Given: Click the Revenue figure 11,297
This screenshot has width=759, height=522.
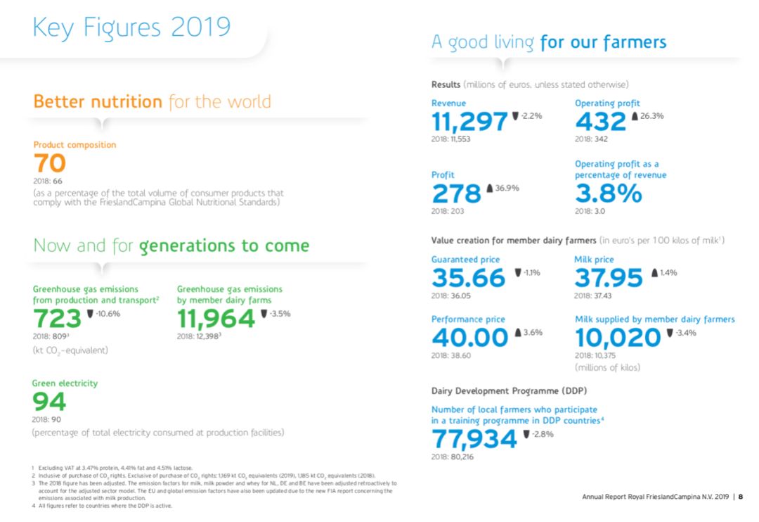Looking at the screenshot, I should tap(469, 122).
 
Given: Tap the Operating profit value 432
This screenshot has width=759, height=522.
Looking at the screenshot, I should tap(600, 122).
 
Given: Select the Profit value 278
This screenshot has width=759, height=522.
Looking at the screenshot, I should tap(456, 193).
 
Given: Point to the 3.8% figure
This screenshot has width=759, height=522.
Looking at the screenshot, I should tap(608, 193).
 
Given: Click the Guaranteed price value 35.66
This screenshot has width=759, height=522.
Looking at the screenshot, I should tap(468, 278).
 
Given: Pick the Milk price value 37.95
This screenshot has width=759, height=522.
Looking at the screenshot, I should tap(608, 278).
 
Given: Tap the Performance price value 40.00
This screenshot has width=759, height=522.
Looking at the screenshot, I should tap(469, 338).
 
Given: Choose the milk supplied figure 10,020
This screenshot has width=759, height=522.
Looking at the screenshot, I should tap(618, 338).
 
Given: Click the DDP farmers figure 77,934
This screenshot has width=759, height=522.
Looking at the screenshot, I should tap(474, 439).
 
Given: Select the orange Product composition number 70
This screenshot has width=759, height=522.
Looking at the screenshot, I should tap(50, 164).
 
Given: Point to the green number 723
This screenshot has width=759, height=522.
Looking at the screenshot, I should tap(58, 319).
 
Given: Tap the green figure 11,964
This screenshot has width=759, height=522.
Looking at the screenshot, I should tap(216, 319).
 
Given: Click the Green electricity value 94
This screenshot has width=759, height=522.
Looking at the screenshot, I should tap(49, 402).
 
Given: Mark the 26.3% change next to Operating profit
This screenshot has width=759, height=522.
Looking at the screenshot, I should tap(651, 116).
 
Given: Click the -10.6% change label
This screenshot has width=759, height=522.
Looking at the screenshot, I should tap(107, 314).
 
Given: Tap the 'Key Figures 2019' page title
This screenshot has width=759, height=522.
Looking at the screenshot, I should tap(131, 27).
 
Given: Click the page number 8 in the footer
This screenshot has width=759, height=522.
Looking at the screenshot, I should tap(741, 497).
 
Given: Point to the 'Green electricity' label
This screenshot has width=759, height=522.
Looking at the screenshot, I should tap(65, 383).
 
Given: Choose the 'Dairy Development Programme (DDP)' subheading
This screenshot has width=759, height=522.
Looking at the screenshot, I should tap(509, 390).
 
